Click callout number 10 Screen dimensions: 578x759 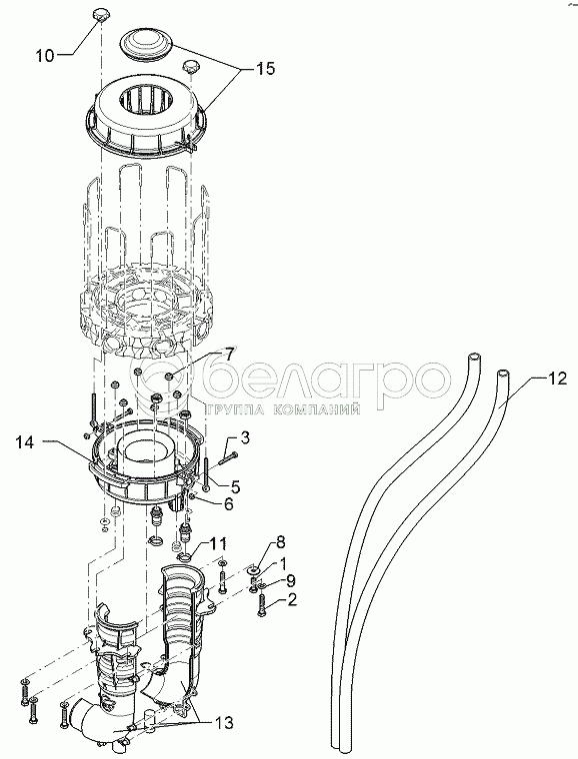point(45,55)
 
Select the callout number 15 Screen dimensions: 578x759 point(265,68)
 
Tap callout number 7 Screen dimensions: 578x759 point(228,353)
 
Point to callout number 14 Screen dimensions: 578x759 point(25,442)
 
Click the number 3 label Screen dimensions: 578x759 point(246,438)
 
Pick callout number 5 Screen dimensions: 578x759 point(235,486)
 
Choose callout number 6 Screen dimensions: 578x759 point(228,504)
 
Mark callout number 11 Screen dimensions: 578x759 point(219,543)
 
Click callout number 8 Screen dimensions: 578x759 point(281,541)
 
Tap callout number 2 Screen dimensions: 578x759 point(292,601)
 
